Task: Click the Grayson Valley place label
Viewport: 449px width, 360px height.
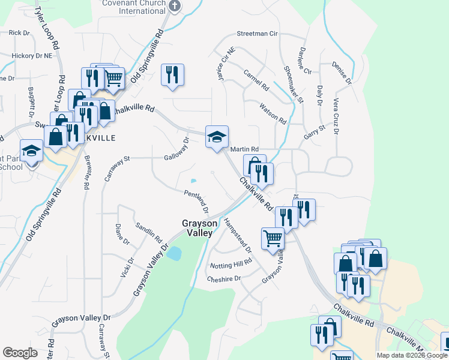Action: point(197,227)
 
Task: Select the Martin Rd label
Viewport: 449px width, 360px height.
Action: point(245,149)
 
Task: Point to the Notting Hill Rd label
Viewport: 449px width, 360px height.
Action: point(231,264)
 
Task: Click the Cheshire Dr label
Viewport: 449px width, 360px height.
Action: point(223,278)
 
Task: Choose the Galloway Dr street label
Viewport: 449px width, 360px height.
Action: point(177,150)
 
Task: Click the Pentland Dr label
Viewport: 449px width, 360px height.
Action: point(196,201)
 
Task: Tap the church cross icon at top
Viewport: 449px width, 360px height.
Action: point(175,6)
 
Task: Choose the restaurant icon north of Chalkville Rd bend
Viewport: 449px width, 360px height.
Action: point(172,74)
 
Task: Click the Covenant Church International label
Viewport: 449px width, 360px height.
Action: point(135,7)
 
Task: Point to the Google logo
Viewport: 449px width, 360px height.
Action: point(20,353)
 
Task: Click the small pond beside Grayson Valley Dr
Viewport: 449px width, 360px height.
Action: point(174,253)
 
